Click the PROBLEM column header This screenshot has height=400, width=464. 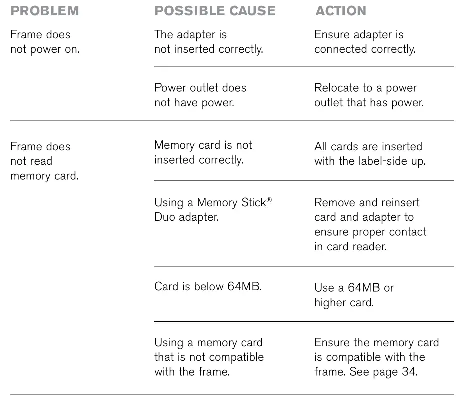(45, 11)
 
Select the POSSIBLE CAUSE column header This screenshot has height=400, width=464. (215, 11)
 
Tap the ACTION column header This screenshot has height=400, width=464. (341, 11)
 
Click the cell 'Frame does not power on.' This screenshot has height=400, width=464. (45, 42)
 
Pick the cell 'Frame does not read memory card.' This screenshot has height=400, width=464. (44, 161)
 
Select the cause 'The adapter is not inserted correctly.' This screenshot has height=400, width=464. (209, 42)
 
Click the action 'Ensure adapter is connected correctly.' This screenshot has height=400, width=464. (365, 42)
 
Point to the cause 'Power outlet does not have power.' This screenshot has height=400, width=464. (200, 95)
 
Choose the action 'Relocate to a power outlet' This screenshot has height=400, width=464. (369, 95)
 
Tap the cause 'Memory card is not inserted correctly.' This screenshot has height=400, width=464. (203, 152)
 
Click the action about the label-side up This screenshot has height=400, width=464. (370, 154)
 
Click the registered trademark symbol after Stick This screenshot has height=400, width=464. (269, 200)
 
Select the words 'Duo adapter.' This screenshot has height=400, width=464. (187, 217)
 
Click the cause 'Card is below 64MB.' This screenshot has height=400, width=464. (208, 286)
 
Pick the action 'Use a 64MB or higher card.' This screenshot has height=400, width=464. (354, 295)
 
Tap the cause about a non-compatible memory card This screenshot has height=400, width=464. (209, 357)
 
